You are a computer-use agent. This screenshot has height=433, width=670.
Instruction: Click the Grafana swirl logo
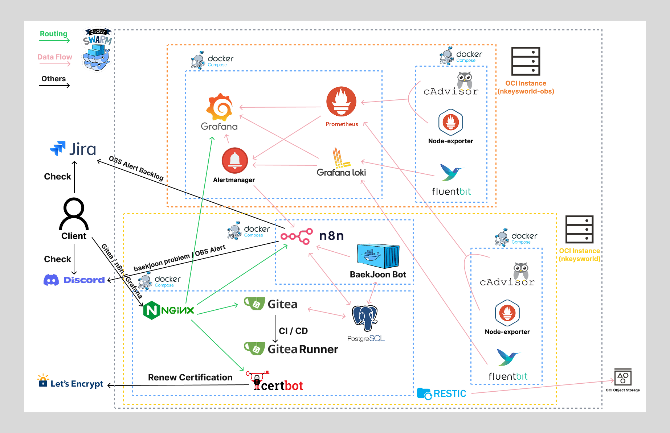[x=220, y=107]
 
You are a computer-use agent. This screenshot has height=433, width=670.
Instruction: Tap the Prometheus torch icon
[x=341, y=101]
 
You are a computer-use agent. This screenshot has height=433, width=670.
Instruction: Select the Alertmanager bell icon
[x=235, y=161]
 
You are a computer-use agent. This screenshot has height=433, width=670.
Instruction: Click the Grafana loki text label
[x=341, y=173]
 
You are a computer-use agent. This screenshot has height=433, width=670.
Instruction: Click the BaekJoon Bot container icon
[x=378, y=256]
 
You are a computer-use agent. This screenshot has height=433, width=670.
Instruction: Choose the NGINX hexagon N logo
[x=152, y=310]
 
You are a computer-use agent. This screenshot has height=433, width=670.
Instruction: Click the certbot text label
[x=282, y=386]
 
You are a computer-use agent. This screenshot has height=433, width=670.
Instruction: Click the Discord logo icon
[x=51, y=280]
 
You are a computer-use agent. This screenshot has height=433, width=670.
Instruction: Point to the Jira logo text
[x=83, y=149]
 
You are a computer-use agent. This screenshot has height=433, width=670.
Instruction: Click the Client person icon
[x=74, y=214]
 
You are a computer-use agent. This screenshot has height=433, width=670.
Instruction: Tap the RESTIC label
[x=450, y=393]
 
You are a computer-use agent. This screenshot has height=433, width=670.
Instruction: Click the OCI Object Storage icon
[x=623, y=377]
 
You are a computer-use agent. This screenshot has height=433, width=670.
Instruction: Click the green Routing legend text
[x=54, y=34]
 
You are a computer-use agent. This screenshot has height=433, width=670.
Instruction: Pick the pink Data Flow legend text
[x=55, y=57]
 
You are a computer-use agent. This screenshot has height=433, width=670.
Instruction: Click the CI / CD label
[x=293, y=331]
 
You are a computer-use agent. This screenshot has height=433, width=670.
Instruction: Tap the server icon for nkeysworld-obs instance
[x=526, y=61]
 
